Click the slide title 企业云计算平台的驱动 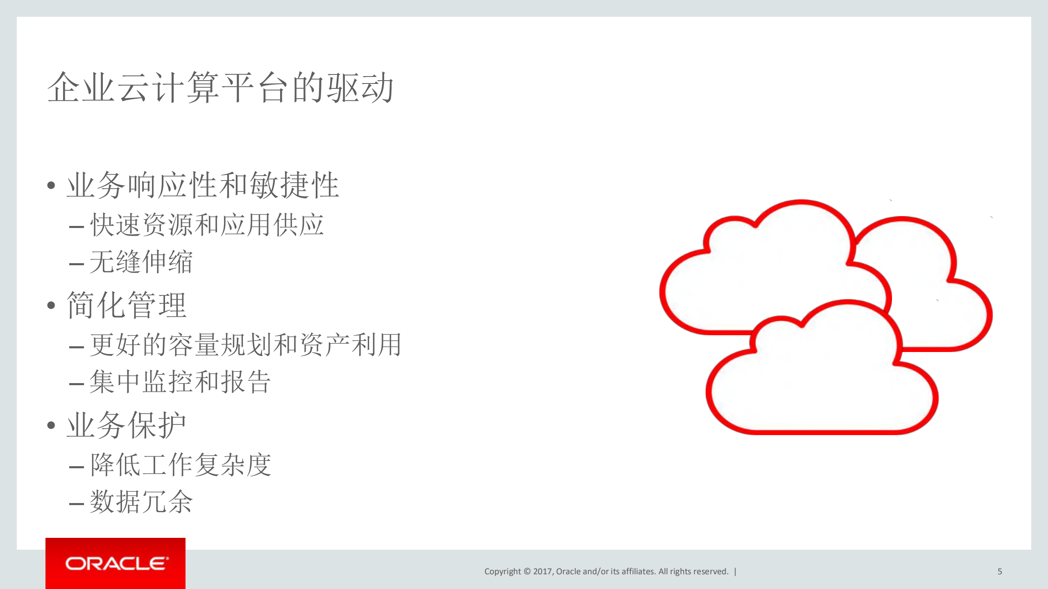220,87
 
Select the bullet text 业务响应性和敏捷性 203,185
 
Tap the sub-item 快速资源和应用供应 207,225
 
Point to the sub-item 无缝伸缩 141,262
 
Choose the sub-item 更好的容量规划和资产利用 245,345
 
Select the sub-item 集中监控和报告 180,382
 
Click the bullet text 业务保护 126,425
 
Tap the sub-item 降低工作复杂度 181,465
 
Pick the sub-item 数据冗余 141,502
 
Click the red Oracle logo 115,563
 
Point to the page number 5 1000,571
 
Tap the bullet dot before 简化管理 51,305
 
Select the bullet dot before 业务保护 51,425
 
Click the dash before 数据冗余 77,503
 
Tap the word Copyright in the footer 502,571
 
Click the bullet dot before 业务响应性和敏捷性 51,185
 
